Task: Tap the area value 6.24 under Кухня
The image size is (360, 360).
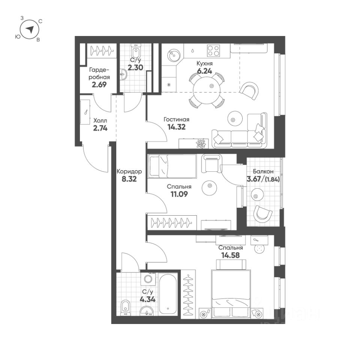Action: coord(205,70)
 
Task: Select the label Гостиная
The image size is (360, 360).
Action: coord(176,120)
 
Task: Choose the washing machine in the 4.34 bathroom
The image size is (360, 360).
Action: coord(148,280)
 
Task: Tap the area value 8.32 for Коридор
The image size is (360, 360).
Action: coord(129,179)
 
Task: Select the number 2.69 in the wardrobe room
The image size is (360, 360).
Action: coord(99,84)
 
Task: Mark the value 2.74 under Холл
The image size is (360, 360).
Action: coord(100,128)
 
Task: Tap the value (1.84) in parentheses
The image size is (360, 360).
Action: coord(273,179)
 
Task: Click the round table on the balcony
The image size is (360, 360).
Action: coord(257,194)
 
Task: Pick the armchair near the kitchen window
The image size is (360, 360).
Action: coord(249,89)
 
